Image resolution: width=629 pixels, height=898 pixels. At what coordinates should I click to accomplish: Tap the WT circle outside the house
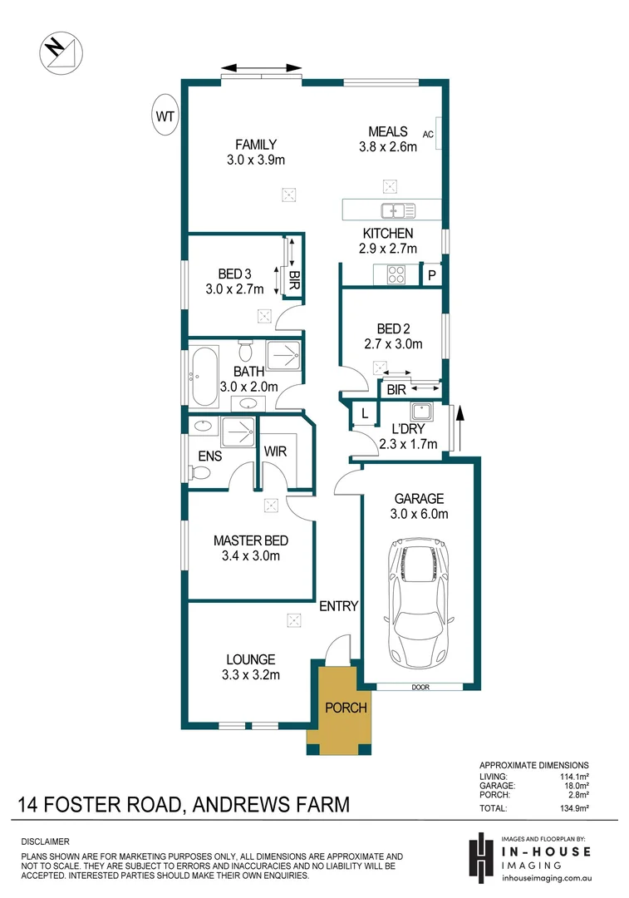[x=165, y=117]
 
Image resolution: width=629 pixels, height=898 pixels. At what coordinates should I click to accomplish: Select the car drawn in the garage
[x=420, y=597]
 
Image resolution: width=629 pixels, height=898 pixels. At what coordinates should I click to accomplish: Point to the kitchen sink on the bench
[x=391, y=210]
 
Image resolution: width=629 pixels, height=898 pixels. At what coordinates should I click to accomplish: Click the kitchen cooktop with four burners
[x=394, y=274]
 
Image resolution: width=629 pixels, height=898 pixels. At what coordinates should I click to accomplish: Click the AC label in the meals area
[x=429, y=134]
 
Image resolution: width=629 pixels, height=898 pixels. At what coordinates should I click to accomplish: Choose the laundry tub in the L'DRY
[x=420, y=411]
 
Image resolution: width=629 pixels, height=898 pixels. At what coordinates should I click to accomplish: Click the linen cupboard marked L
[x=364, y=412]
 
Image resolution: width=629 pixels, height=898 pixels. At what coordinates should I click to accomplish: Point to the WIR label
[x=275, y=451]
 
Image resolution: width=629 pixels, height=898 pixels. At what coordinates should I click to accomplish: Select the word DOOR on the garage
[x=420, y=688]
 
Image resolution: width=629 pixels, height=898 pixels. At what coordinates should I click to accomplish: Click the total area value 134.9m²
[x=572, y=807]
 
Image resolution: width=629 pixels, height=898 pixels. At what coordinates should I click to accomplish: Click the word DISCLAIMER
[x=45, y=842]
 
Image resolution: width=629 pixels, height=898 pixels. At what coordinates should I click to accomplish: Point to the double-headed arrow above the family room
[x=262, y=67]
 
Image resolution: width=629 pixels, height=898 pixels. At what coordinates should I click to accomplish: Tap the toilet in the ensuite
[x=199, y=473]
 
